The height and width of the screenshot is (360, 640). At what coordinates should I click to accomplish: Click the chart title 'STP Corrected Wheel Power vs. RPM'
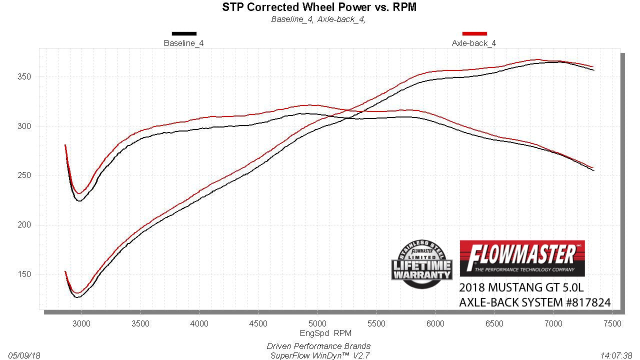(x=319, y=7)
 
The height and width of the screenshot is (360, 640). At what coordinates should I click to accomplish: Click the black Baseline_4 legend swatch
(x=184, y=34)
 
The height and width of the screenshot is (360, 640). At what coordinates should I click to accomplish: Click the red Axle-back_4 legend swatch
(x=474, y=34)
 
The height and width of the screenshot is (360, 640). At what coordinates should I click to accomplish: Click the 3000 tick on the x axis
(x=81, y=323)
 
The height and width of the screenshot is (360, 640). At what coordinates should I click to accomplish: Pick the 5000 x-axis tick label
(x=317, y=323)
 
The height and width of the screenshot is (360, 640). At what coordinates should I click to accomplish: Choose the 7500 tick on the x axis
(x=612, y=323)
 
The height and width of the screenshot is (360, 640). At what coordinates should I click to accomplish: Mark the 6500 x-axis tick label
(x=494, y=323)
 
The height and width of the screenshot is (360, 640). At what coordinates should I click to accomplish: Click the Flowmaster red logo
(x=522, y=258)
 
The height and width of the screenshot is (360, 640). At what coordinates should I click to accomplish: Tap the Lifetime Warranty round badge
(x=421, y=264)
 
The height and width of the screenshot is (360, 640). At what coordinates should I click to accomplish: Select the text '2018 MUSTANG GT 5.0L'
(x=521, y=288)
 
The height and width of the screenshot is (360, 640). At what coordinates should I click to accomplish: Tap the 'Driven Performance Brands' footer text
(x=318, y=346)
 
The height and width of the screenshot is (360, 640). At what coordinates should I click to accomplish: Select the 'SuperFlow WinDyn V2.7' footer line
(x=318, y=355)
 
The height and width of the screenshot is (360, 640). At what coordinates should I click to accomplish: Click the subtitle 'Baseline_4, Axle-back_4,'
(x=318, y=19)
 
